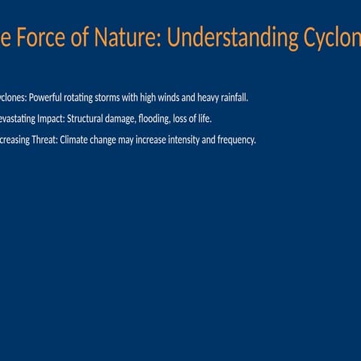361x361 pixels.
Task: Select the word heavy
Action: [208, 99]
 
